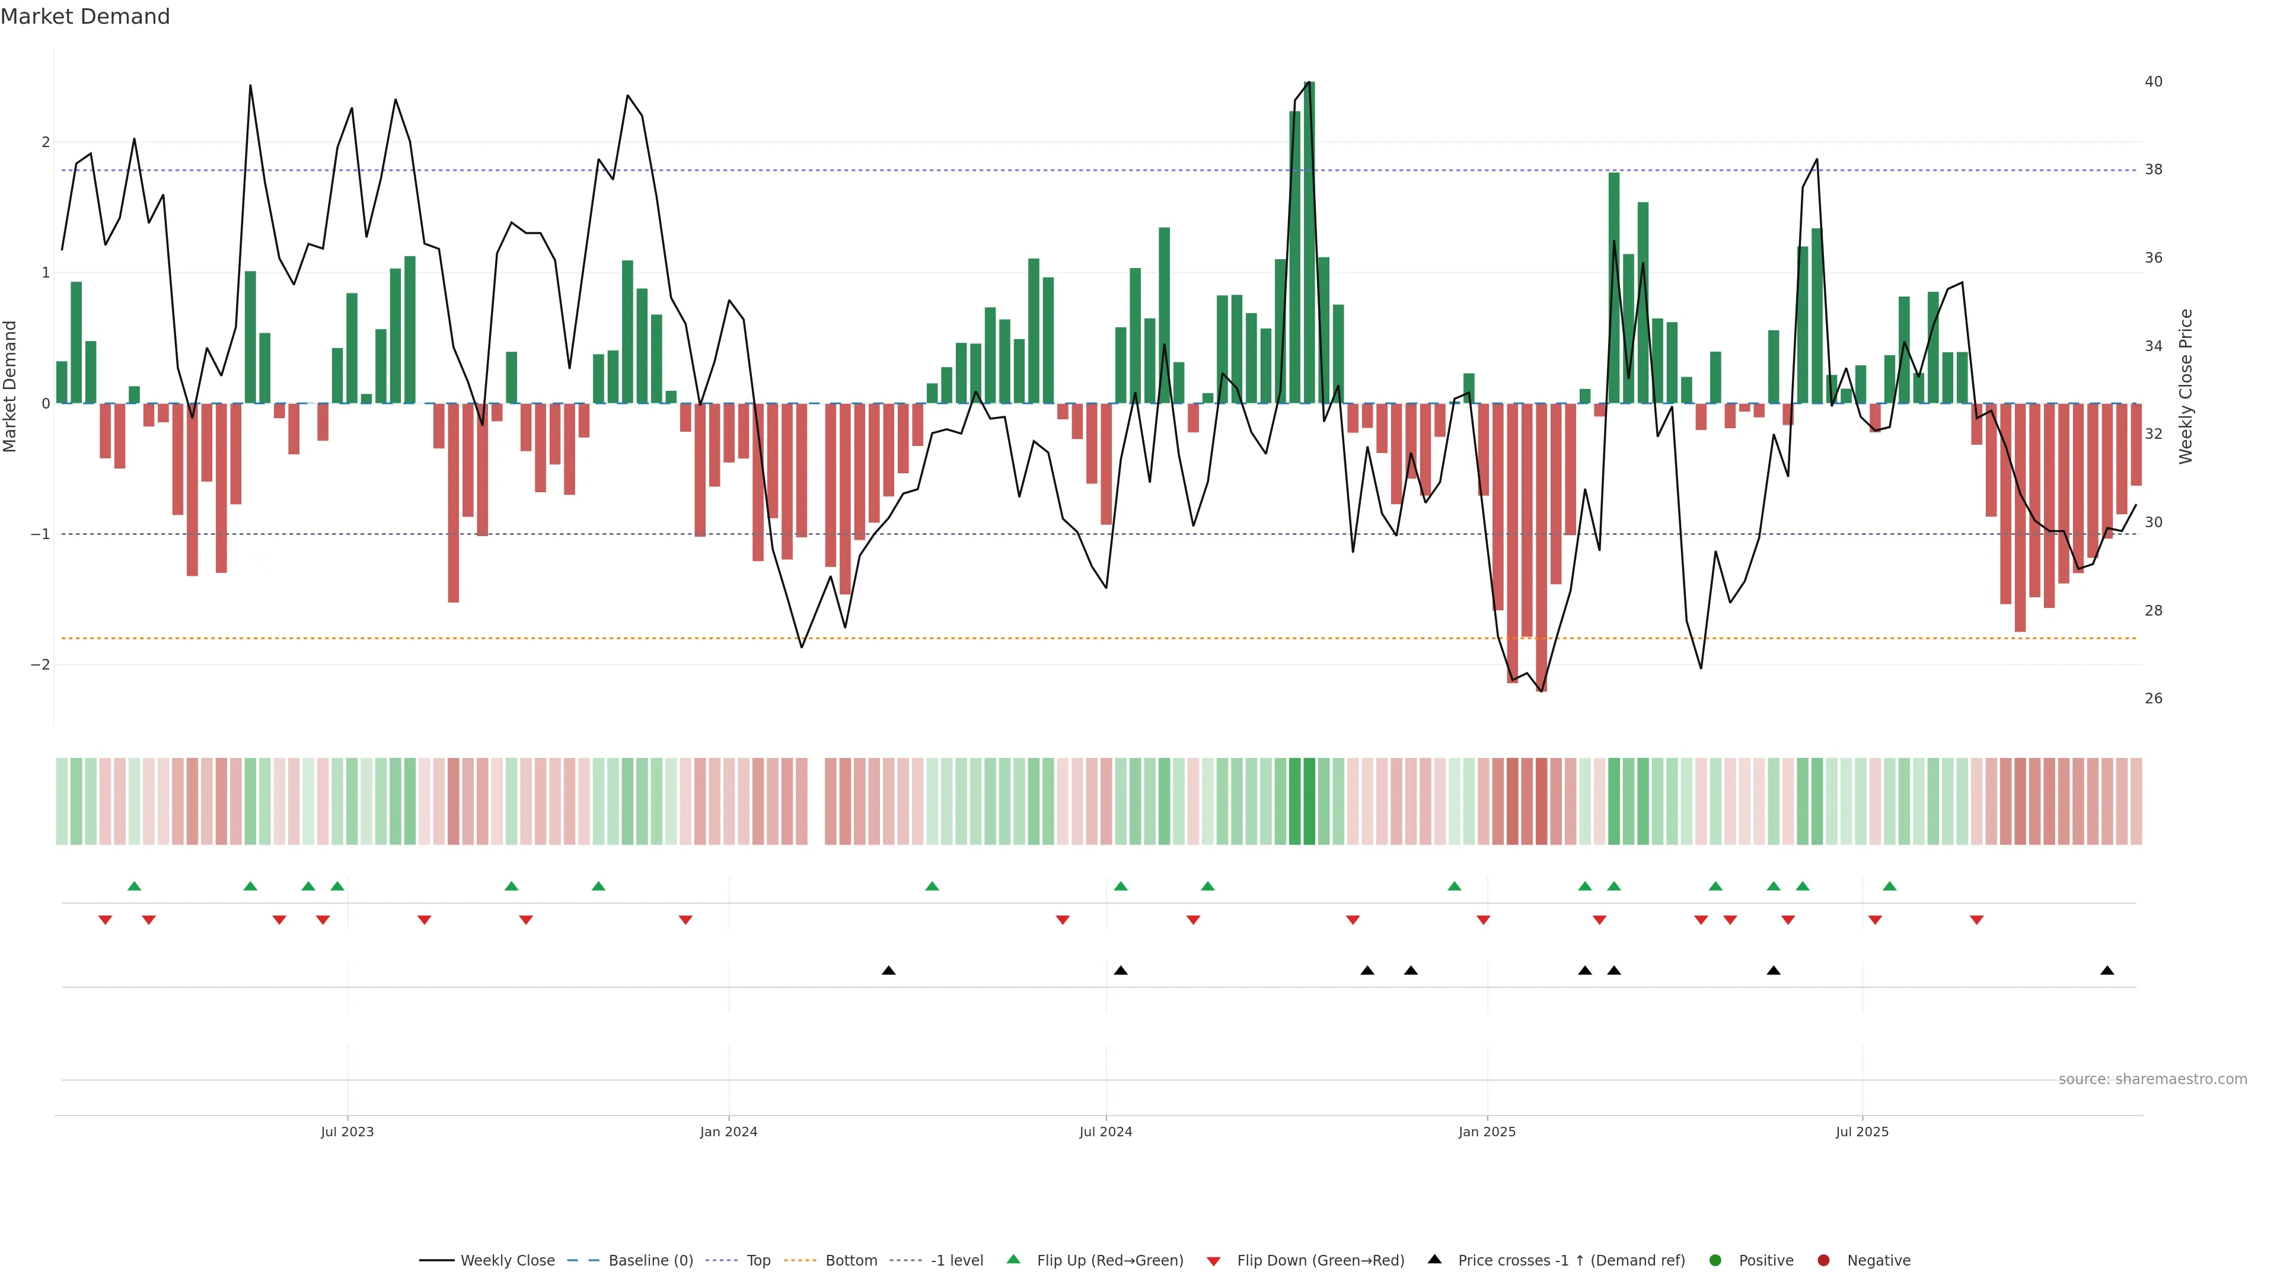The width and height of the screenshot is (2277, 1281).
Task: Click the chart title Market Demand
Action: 85,17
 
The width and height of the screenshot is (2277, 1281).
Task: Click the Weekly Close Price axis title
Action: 2185,386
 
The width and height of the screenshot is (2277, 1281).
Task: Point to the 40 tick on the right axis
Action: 2153,81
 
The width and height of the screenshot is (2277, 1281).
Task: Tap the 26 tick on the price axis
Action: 2153,699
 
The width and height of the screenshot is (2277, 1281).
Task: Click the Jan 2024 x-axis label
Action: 728,1132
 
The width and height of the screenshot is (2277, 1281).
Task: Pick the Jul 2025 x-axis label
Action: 1861,1132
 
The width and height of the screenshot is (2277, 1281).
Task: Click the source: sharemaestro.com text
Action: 2152,1079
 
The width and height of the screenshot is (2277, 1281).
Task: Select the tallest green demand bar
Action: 1309,243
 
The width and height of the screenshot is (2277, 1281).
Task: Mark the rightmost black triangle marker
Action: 2107,971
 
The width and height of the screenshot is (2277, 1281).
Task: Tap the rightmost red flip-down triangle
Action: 1976,920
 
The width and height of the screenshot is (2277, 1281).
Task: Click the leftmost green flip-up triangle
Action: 135,886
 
